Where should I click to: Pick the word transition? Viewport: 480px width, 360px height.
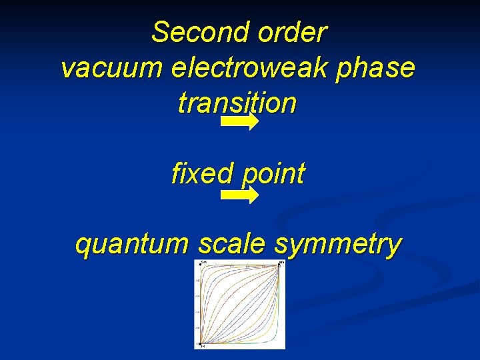[x=237, y=103]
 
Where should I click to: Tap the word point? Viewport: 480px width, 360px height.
[x=273, y=174]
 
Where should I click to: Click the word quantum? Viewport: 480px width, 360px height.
[x=132, y=244]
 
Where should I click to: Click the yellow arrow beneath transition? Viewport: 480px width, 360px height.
[x=238, y=122]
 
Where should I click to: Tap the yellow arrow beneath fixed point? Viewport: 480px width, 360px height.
[x=238, y=195]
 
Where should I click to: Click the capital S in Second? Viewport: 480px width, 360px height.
[x=160, y=31]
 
